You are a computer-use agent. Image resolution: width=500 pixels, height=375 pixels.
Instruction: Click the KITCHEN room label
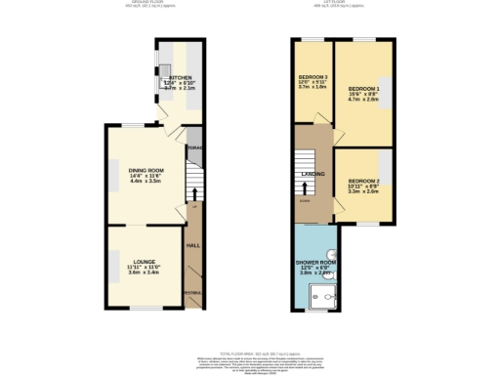tap(181, 77)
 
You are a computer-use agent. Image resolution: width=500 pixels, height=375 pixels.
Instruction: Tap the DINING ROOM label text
tap(146, 171)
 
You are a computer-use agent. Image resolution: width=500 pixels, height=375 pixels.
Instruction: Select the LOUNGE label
tap(146, 261)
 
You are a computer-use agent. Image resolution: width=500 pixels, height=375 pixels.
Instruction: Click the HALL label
tap(193, 245)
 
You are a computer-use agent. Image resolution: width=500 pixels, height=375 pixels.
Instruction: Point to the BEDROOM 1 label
tap(363, 88)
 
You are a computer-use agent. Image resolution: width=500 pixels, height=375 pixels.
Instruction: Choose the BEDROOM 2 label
tap(363, 181)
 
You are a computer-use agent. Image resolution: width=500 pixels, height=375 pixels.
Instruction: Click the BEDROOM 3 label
tap(312, 76)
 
